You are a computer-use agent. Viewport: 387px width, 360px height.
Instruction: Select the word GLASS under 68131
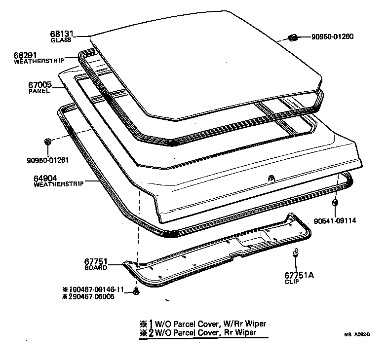[x=61, y=40]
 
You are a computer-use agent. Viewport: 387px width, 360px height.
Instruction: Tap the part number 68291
[x=25, y=55]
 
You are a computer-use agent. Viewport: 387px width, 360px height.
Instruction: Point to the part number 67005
[x=40, y=85]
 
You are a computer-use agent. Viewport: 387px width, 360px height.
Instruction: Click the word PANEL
[x=39, y=91]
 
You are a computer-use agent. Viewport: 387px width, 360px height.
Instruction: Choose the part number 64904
[x=45, y=178]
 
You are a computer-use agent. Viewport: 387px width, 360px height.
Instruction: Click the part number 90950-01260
[x=333, y=36]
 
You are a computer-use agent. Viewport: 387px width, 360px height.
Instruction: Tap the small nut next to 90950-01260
[x=292, y=37]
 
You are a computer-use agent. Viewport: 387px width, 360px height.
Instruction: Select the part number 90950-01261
[x=47, y=160]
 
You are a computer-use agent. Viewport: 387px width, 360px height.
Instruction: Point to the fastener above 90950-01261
[x=47, y=142]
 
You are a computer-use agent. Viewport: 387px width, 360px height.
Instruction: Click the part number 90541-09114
[x=335, y=220]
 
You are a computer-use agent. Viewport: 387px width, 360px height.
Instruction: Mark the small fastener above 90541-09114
[x=335, y=203]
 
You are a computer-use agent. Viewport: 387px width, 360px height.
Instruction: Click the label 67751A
[x=299, y=275]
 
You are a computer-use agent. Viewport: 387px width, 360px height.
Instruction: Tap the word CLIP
[x=292, y=282]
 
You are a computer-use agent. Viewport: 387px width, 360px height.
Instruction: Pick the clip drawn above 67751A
[x=295, y=253]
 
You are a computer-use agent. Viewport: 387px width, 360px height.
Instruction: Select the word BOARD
[x=96, y=267]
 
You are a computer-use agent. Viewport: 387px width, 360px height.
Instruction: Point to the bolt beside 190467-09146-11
[x=136, y=291]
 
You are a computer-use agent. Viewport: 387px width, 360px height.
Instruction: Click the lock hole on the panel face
[x=271, y=178]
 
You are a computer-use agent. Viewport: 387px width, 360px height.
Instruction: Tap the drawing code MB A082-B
[x=357, y=334]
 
